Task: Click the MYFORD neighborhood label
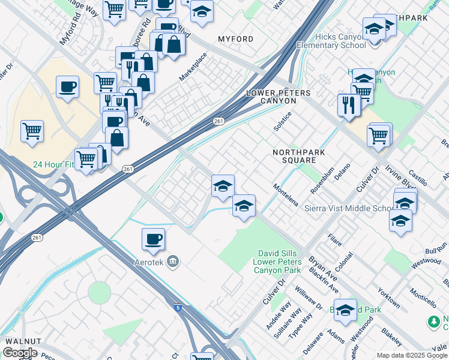pyautogui.click(x=235, y=39)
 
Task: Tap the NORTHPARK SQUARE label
pyautogui.click(x=298, y=157)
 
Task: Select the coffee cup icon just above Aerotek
pyautogui.click(x=153, y=239)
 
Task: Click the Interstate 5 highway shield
pyautogui.click(x=178, y=308)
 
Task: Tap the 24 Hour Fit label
pyautogui.click(x=52, y=164)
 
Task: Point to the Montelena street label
pyautogui.click(x=286, y=195)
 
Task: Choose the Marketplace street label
pyautogui.click(x=193, y=67)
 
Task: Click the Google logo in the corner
pyautogui.click(x=20, y=353)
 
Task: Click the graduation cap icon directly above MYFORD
pyautogui.click(x=202, y=12)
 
